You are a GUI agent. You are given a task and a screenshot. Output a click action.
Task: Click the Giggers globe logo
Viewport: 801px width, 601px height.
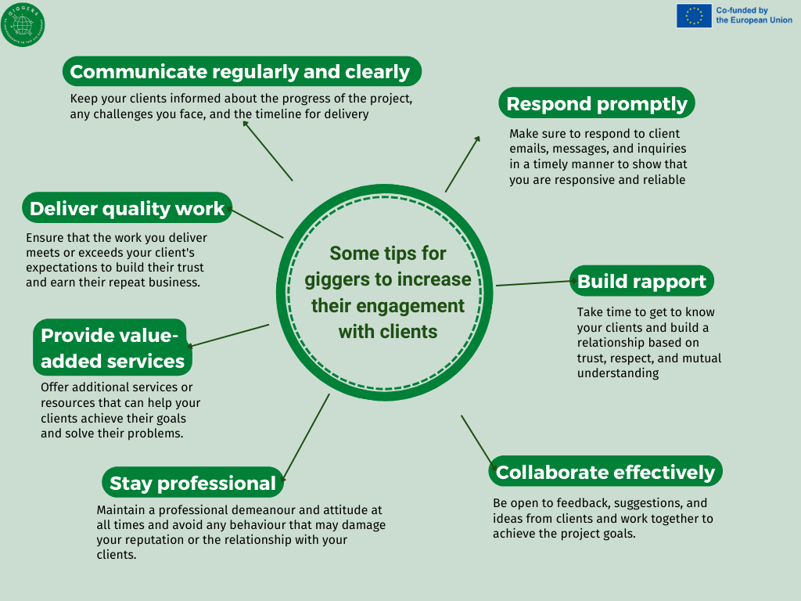click(x=23, y=24)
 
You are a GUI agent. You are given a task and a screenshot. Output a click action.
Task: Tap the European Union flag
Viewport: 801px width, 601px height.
click(x=694, y=16)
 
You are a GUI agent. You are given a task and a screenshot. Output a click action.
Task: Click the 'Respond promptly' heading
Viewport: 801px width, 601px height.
click(x=597, y=103)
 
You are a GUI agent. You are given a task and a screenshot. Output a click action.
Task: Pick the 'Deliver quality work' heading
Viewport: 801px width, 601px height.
click(x=128, y=208)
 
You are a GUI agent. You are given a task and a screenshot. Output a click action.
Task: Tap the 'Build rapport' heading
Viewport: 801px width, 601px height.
click(x=641, y=281)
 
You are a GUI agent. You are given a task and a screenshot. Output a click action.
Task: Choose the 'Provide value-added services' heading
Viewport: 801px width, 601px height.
click(x=113, y=347)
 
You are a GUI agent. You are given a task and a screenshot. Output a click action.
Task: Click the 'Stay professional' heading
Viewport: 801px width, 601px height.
click(x=192, y=482)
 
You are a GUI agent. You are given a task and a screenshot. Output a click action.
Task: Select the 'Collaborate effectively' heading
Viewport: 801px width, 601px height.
click(x=605, y=472)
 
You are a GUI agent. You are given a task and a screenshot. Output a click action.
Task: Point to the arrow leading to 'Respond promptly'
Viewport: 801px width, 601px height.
click(x=462, y=164)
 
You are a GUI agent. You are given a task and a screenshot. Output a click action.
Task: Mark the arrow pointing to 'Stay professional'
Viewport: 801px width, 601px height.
click(x=305, y=437)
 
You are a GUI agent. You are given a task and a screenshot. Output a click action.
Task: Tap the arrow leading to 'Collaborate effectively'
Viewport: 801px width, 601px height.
click(x=478, y=442)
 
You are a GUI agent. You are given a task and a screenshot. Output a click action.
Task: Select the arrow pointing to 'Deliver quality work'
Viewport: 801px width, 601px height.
click(x=256, y=223)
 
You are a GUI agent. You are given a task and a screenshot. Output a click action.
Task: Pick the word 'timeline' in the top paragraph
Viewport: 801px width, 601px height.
click(x=276, y=113)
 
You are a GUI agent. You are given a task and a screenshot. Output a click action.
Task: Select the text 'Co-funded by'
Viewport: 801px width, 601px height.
click(x=742, y=10)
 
